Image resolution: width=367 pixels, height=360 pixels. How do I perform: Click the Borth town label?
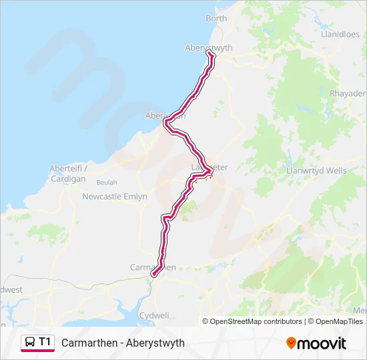(x=216, y=19)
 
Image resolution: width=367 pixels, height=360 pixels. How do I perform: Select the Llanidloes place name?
(x=340, y=33)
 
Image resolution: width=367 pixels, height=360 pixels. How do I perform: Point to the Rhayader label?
(x=348, y=94)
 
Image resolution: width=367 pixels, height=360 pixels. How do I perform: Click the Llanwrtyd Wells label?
(x=316, y=171)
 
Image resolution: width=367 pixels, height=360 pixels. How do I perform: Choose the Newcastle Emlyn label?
(x=115, y=197)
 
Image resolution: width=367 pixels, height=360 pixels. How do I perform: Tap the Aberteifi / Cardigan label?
(x=67, y=174)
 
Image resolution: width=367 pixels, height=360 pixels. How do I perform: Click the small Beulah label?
(x=107, y=182)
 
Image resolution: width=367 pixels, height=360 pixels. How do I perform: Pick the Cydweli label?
(x=154, y=315)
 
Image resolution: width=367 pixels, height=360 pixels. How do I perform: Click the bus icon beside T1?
(x=30, y=342)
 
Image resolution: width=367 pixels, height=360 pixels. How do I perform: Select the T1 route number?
(x=45, y=342)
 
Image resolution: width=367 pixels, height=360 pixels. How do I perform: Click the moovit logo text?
(x=322, y=343)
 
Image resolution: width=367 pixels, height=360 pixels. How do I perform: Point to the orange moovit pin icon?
(x=291, y=343)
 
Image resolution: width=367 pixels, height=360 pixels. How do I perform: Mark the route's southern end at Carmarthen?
(x=153, y=274)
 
